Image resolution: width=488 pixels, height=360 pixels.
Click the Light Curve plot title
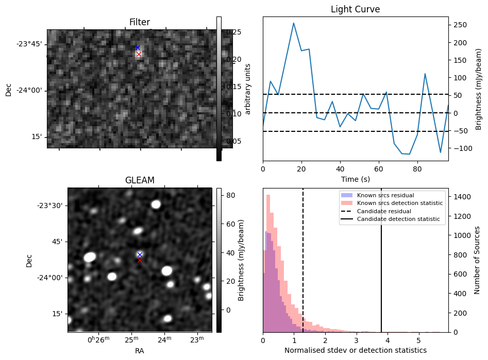pyautogui.click(x=355, y=9)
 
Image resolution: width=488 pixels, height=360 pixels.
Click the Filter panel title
pyautogui.click(x=140, y=22)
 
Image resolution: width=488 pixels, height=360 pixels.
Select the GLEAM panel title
pyautogui.click(x=140, y=180)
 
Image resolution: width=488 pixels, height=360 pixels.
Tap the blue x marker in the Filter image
pyautogui.click(x=138, y=48)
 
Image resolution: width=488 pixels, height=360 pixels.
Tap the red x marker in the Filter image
pyautogui.click(x=139, y=54)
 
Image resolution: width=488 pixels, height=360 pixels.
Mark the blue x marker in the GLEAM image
pyautogui.click(x=140, y=254)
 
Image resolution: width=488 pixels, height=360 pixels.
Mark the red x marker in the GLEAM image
pyautogui.click(x=140, y=260)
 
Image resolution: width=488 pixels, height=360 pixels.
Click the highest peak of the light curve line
pyautogui.click(x=294, y=23)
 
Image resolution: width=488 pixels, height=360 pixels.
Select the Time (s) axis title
pyautogui.click(x=355, y=179)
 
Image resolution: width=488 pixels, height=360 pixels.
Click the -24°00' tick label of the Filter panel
pyautogui.click(x=28, y=91)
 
